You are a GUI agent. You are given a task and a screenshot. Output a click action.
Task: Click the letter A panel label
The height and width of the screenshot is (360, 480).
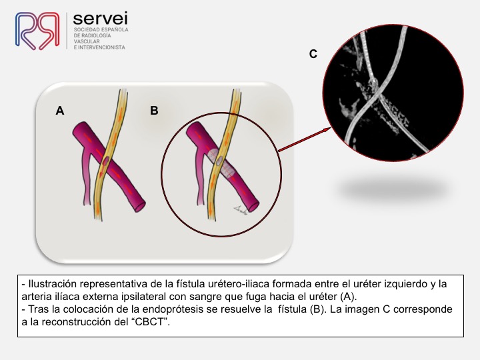pyautogui.click(x=60, y=110)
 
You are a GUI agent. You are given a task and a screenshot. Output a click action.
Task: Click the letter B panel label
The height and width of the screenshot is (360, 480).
pyautogui.click(x=154, y=110)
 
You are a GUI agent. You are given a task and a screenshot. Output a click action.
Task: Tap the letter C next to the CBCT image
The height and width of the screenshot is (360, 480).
pyautogui.click(x=313, y=54)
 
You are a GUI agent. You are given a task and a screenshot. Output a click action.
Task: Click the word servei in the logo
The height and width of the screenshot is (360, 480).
pyautogui.click(x=101, y=19)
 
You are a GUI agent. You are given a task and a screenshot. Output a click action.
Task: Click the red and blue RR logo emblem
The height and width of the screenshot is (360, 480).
pyautogui.click(x=37, y=31)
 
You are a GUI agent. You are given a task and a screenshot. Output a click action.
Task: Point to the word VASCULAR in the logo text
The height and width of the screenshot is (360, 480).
pyautogui.click(x=87, y=41)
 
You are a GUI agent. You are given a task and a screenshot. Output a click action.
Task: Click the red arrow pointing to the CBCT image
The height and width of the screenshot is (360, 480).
pyautogui.click(x=304, y=139)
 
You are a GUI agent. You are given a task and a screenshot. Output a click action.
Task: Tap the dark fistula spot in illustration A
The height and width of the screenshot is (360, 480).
pyautogui.click(x=105, y=160)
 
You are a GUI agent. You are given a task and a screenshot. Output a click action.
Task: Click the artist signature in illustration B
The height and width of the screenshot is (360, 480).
pyautogui.click(x=241, y=210)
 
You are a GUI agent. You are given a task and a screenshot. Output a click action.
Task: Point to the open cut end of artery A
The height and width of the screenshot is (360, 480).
pyautogui.click(x=140, y=207)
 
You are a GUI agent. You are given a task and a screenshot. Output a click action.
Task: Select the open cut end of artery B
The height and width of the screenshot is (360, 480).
pyautogui.click(x=254, y=206)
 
